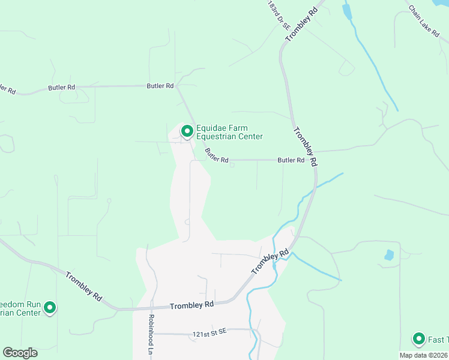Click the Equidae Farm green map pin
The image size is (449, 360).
pos(187,131)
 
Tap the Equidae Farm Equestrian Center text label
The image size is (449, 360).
pos(229,132)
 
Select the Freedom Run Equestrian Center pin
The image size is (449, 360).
pos(50,308)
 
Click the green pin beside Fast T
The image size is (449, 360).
pos(418,339)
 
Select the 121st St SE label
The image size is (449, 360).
pos(209,332)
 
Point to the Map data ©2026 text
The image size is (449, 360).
pos(424,355)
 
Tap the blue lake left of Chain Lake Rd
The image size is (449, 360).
pos(346,11)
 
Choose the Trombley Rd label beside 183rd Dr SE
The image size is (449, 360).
pos(301,24)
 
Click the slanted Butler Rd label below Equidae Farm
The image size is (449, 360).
pos(217,156)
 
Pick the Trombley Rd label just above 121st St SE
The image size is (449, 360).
pos(192,305)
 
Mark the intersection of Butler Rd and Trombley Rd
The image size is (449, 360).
pos(314,160)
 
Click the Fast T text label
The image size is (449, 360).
pos(438,340)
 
